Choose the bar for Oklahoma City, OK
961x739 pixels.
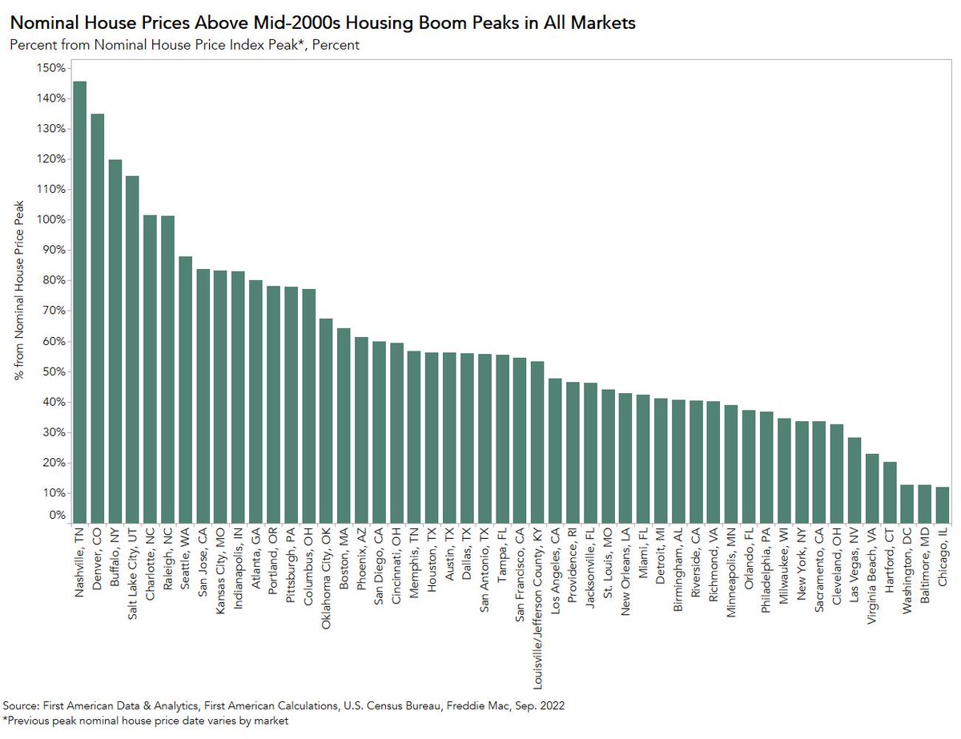pyautogui.click(x=326, y=420)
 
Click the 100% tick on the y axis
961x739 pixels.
pyautogui.click(x=50, y=220)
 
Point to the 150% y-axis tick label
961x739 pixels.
pyautogui.click(x=50, y=68)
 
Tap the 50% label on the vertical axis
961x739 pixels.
pyautogui.click(x=52, y=372)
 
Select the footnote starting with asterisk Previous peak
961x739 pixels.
pyautogui.click(x=147, y=721)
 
